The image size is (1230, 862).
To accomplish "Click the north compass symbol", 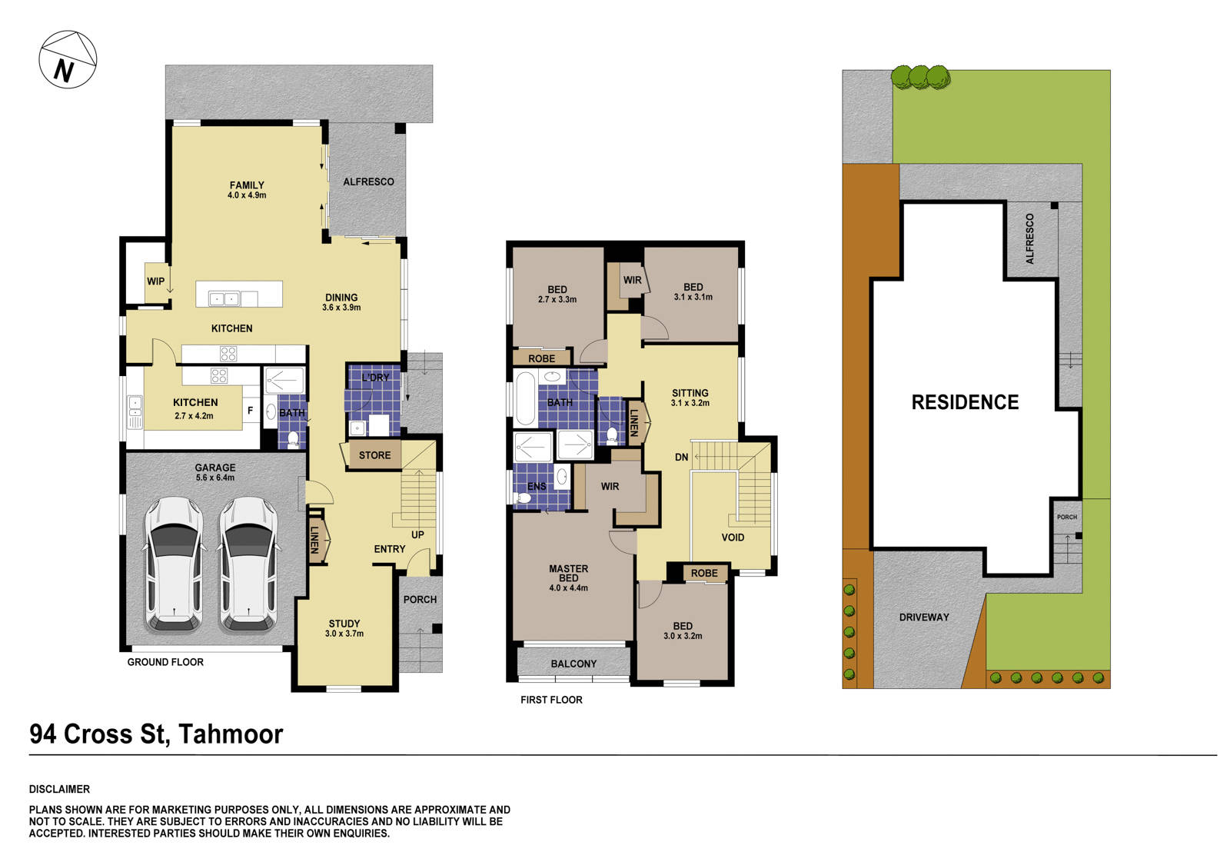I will pos(68,60).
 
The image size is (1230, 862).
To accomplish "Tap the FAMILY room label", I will pos(247,189).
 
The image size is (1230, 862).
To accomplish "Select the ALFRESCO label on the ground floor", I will pos(368,181).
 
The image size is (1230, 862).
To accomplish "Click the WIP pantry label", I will pos(155,281).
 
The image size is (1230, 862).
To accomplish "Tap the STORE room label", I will pos(374,455).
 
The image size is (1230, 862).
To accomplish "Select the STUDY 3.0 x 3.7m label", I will pos(344,628).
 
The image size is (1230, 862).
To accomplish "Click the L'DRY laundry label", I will pos(375,378).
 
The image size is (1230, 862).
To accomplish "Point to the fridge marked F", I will pos(250,411).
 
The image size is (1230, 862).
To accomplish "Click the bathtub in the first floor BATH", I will pos(525,398).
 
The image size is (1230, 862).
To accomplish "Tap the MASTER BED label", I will pos(568,577).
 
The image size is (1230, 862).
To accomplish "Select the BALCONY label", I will pos(573,664).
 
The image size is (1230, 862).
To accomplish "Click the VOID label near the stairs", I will pos(733,538).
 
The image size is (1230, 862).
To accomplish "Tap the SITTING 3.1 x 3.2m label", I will pos(690,397).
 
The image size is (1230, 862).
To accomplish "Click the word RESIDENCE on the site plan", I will pos(965,402).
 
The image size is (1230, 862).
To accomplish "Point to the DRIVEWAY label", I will pos(924,617).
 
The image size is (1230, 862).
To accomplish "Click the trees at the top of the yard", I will pos(920,77).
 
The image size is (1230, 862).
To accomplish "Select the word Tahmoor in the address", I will pos(231,734).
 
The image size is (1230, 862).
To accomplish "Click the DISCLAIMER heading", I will pos(59,789).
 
